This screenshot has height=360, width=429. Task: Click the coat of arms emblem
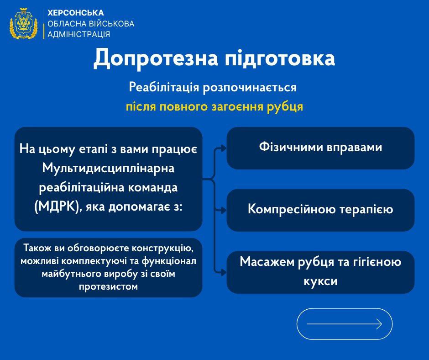click(23, 23)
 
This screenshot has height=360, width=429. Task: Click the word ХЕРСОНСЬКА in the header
click(76, 13)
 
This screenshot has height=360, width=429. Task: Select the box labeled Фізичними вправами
click(320, 148)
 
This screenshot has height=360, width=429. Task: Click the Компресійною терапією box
click(320, 210)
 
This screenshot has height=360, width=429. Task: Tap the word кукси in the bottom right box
click(320, 281)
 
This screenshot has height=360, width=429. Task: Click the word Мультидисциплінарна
click(108, 169)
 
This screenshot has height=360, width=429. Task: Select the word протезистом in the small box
click(108, 286)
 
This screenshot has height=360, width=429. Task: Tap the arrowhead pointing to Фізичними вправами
click(224, 148)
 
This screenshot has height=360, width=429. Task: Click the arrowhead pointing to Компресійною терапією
click(224, 210)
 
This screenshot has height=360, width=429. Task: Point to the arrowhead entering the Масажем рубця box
click(224, 272)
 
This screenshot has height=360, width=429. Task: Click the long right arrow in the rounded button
click(344, 324)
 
